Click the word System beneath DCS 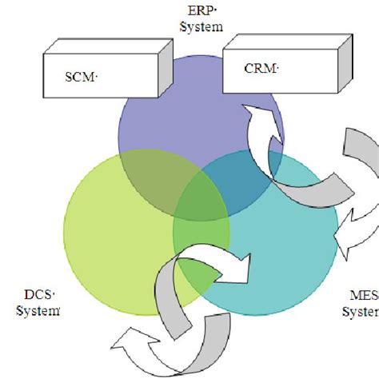coord(37,310)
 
